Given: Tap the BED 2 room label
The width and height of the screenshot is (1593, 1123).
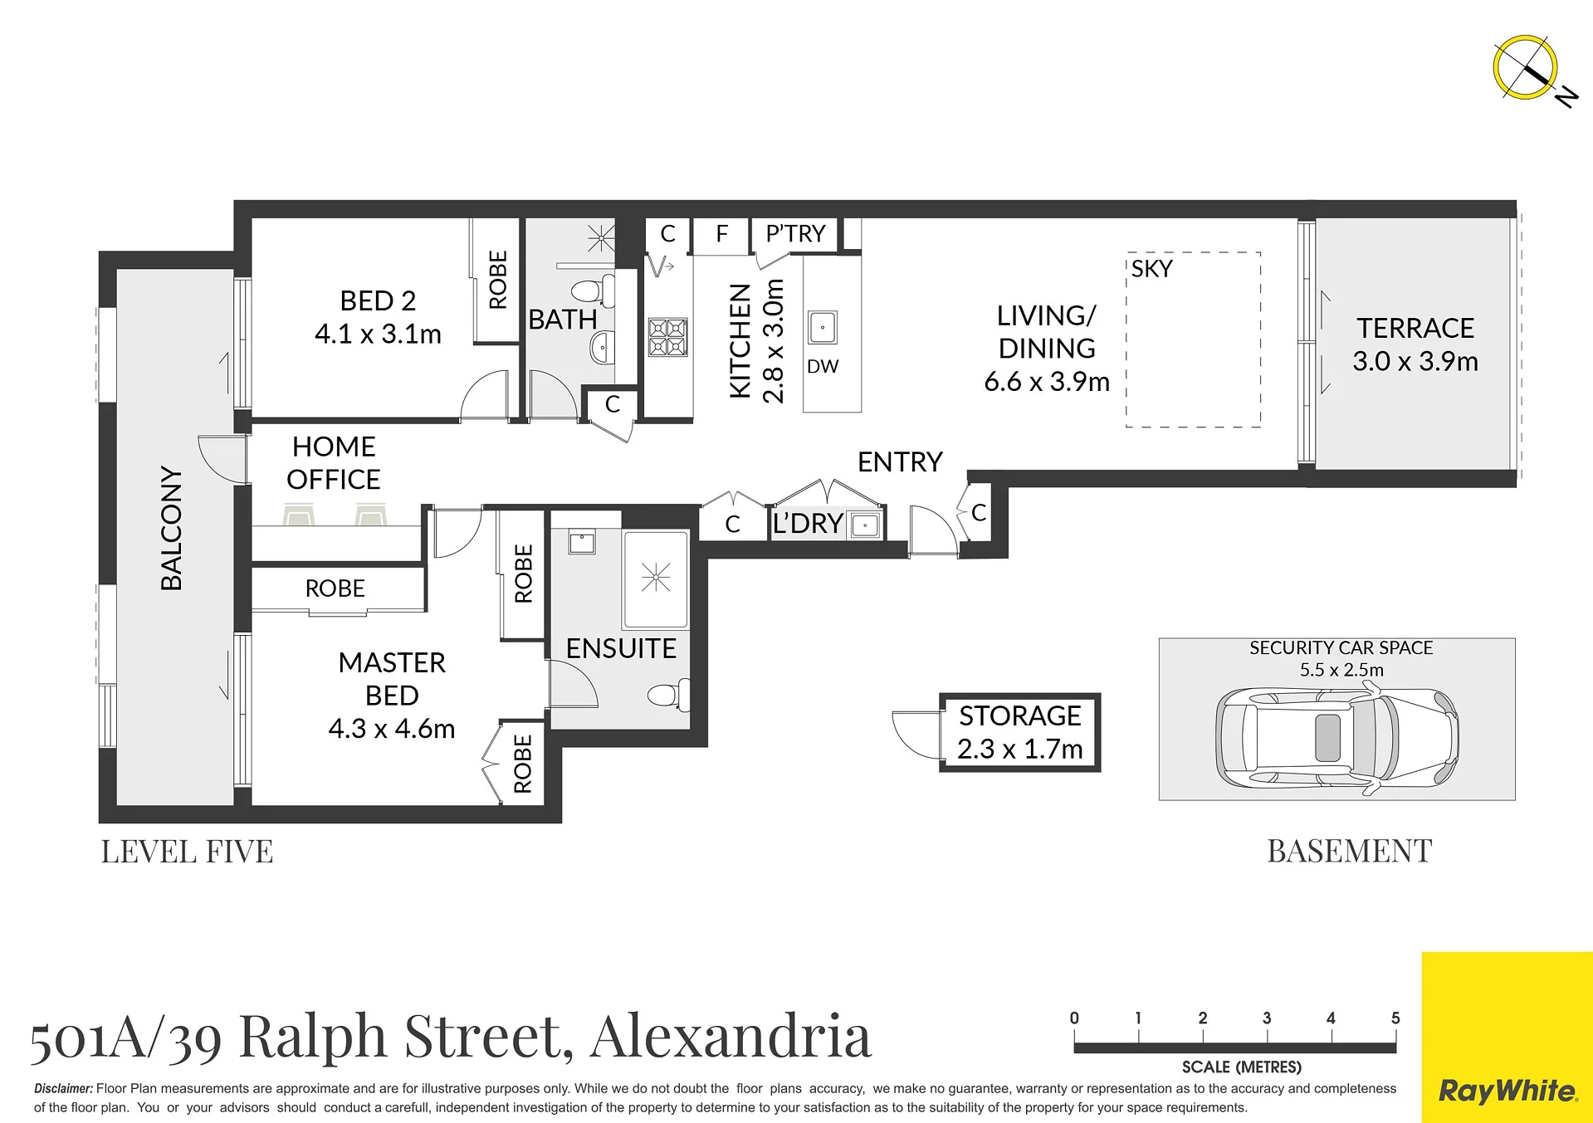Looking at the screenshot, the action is pos(378,300).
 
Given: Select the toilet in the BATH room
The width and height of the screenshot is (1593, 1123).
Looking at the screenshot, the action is pos(592,291).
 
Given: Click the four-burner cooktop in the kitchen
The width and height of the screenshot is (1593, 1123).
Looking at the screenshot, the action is pos(668,337).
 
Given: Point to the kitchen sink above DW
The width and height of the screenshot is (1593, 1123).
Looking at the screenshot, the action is pos(823,328).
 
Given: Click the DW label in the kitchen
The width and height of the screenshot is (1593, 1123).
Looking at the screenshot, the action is pos(823,367).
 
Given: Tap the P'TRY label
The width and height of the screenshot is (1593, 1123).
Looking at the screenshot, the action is pos(795,234).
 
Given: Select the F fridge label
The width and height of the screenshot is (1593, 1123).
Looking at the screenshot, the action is pos(721,234).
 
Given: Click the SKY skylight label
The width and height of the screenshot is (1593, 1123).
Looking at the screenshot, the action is pos(1151,269).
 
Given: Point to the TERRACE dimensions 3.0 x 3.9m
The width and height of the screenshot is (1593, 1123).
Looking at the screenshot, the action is pos(1415,362).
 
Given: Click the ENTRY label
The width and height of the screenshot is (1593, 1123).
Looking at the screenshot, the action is pos(900,462).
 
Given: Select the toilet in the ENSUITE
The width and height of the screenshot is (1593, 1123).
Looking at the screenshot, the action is pos(669,694).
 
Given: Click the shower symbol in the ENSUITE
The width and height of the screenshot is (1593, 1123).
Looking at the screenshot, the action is pos(656,577).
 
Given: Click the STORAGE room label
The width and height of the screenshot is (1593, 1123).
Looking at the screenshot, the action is pos(1020,715).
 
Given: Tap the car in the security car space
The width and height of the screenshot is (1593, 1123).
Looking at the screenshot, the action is pos(1336,737).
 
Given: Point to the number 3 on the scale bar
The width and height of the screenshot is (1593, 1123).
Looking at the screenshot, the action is pos(1267,1018).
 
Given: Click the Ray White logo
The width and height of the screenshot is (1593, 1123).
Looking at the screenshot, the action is pos(1507,1091).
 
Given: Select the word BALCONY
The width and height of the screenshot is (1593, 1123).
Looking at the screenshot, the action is pos(171,529).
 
